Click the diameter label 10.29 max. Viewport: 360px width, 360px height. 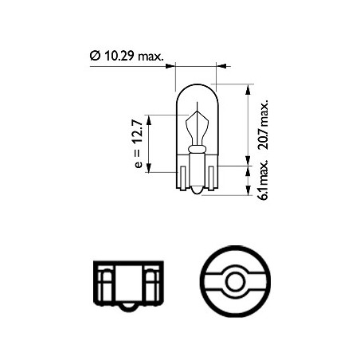pos(134,56)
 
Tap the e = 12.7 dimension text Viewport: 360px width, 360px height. pos(139,143)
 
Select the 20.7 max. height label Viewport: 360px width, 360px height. pos(264,124)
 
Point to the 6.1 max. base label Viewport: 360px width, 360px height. pos(264,180)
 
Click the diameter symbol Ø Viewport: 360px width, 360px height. pos(95,56)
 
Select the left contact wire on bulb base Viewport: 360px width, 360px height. pos(182,178)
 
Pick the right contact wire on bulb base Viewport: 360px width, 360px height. pos(211,178)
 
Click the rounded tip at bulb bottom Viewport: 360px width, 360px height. pos(197,191)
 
